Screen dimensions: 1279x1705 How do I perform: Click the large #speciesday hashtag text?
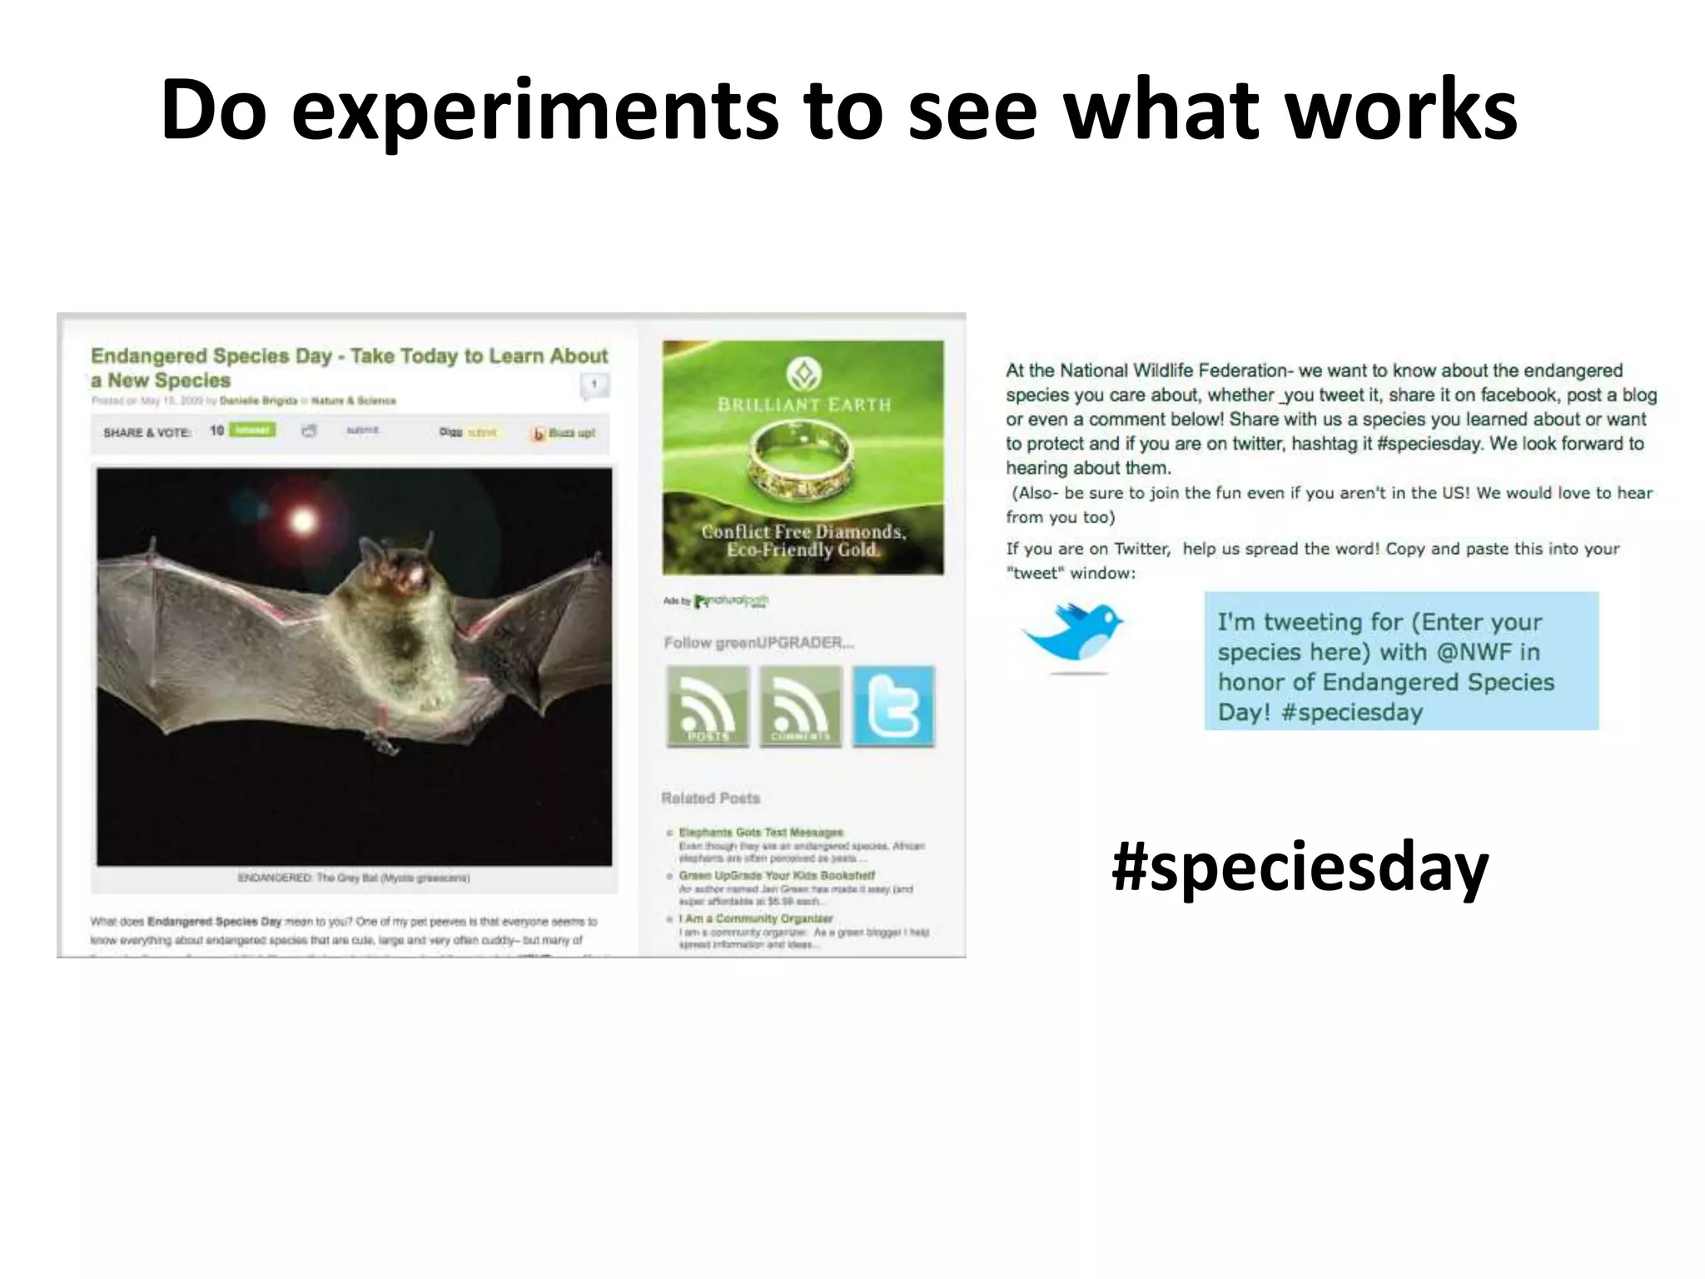point(1300,867)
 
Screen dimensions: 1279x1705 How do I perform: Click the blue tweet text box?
point(1400,661)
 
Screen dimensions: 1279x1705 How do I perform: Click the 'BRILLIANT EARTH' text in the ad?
point(803,406)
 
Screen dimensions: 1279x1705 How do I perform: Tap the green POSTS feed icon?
point(708,706)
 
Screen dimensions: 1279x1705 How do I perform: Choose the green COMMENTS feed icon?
point(800,706)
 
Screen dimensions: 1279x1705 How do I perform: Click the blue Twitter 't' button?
point(893,706)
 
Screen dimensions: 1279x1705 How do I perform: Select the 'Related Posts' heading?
point(710,798)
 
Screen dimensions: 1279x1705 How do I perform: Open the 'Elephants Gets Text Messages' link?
point(761,832)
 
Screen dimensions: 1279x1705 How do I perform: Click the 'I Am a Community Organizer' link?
point(756,918)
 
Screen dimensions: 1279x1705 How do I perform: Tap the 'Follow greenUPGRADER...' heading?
point(758,643)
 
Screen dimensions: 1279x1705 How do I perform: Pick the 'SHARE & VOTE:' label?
point(147,432)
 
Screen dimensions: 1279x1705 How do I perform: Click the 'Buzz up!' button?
point(564,433)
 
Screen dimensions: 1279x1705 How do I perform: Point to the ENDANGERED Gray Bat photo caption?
point(354,878)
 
